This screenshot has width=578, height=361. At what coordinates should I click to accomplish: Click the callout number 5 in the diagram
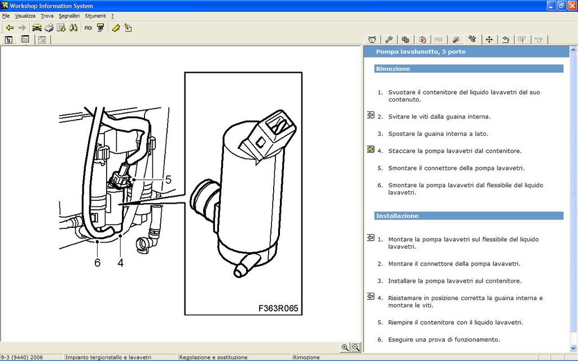pyautogui.click(x=168, y=180)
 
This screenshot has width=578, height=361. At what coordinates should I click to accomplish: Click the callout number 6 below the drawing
pyautogui.click(x=97, y=263)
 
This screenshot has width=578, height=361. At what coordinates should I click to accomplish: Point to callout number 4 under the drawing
pyautogui.click(x=121, y=263)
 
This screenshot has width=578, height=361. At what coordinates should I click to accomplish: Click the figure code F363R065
pyautogui.click(x=278, y=309)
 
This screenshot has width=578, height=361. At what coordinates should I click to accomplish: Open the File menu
pyautogui.click(x=6, y=16)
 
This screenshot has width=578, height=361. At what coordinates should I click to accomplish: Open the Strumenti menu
pyautogui.click(x=95, y=16)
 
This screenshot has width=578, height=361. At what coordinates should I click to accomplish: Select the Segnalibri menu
pyautogui.click(x=69, y=16)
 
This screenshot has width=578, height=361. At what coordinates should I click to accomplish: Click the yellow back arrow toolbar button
pyautogui.click(x=10, y=28)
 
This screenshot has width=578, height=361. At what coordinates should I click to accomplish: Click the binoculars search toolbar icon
pyautogui.click(x=73, y=28)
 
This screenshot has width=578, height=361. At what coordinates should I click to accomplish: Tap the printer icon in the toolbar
pyautogui.click(x=49, y=28)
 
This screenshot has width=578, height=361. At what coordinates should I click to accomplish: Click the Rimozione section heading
pyautogui.click(x=393, y=69)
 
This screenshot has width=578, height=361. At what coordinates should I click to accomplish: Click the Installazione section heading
pyautogui.click(x=397, y=216)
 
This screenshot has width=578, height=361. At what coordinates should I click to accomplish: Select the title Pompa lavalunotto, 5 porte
pyautogui.click(x=421, y=51)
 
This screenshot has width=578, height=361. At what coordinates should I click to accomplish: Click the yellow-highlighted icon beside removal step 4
pyautogui.click(x=370, y=149)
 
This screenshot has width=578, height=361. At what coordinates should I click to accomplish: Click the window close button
pyautogui.click(x=572, y=6)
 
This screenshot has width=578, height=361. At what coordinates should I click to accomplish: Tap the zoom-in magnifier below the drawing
pyautogui.click(x=345, y=347)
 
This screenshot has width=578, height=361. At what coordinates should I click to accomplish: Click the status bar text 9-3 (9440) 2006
pyautogui.click(x=22, y=357)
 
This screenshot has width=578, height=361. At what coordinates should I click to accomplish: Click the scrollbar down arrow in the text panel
pyautogui.click(x=573, y=347)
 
